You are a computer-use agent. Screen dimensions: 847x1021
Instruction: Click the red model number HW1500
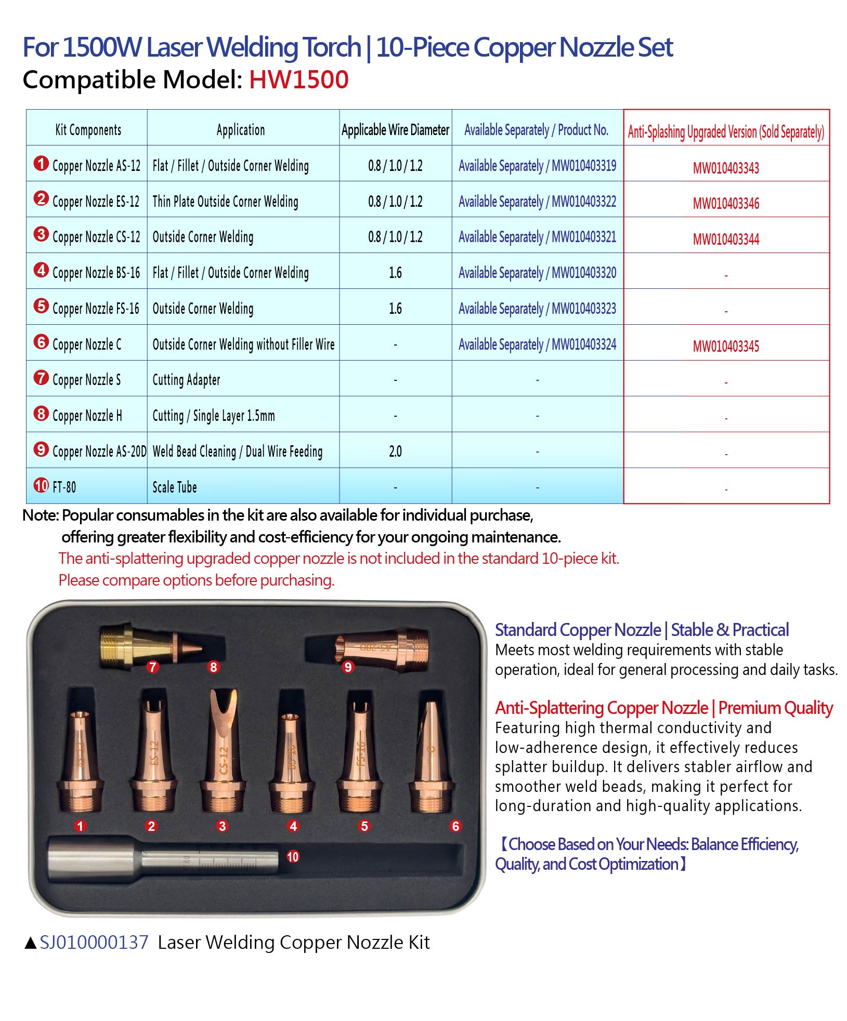pyautogui.click(x=298, y=80)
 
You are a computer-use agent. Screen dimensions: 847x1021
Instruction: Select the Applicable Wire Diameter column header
pyautogui.click(x=395, y=129)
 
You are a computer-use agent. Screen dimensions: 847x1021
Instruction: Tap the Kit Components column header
pyautogui.click(x=88, y=129)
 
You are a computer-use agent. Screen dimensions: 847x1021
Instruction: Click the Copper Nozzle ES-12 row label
pyautogui.click(x=96, y=201)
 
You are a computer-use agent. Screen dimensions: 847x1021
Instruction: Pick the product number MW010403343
pyautogui.click(x=726, y=168)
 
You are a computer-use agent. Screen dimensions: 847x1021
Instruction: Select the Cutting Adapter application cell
pyautogui.click(x=186, y=380)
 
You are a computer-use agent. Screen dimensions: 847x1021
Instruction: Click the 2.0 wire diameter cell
pyautogui.click(x=395, y=451)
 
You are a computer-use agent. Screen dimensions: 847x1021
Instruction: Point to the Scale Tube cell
pyautogui.click(x=175, y=487)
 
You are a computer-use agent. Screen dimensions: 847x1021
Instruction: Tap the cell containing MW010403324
pyautogui.click(x=537, y=344)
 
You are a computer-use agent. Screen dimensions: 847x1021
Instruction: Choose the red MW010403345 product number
pyautogui.click(x=726, y=346)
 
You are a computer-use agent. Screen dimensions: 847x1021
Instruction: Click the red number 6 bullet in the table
pyautogui.click(x=41, y=342)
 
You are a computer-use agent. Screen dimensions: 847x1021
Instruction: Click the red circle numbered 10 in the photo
pyautogui.click(x=293, y=856)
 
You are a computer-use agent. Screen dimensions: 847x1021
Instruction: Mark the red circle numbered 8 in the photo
pyautogui.click(x=213, y=667)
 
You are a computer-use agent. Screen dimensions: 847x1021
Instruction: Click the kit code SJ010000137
pyautogui.click(x=94, y=942)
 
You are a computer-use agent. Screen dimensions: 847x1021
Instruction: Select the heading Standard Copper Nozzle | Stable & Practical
pyautogui.click(x=642, y=630)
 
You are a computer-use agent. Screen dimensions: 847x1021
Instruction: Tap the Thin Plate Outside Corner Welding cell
pyautogui.click(x=225, y=201)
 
